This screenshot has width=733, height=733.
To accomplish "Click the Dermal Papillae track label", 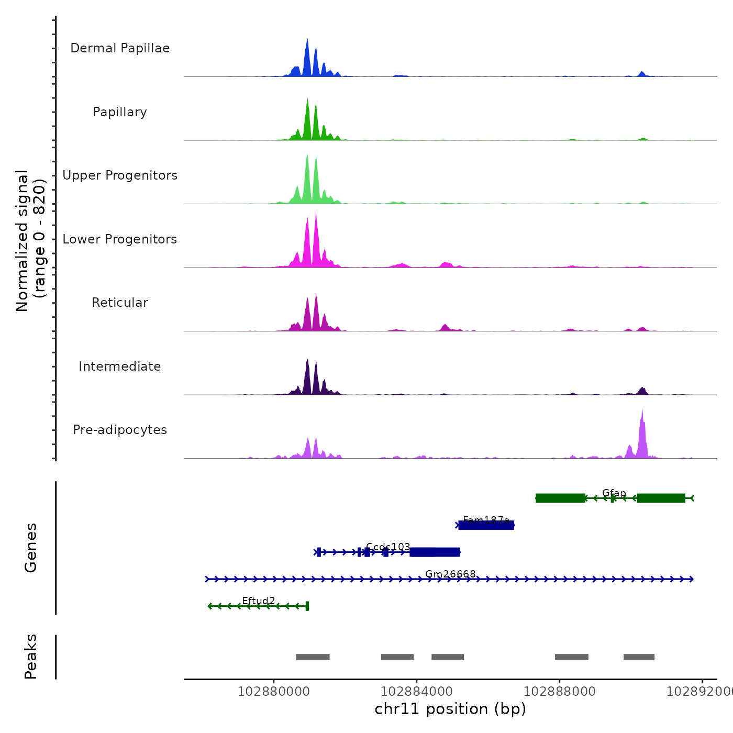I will point(120,48).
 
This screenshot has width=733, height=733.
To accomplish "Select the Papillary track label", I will point(120,112).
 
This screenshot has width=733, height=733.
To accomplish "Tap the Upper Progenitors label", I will point(120,175).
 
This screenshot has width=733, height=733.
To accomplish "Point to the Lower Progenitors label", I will point(120,239).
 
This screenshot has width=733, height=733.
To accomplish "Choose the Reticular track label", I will point(120,303).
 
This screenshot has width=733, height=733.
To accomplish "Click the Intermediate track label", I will point(120,366).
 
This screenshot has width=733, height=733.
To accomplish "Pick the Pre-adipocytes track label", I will point(120,430).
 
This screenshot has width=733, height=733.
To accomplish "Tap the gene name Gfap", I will point(614,493).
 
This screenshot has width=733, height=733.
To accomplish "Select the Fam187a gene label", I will point(486,520).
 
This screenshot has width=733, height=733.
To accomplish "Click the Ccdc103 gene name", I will point(388,547).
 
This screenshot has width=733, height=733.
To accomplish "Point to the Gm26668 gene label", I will point(450,574).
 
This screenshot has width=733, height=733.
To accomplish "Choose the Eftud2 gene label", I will point(258,601).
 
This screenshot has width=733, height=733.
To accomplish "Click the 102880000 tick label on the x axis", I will point(273,692).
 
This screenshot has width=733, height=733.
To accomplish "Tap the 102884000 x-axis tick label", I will point(416,692).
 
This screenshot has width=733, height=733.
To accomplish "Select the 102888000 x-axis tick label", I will point(559,692).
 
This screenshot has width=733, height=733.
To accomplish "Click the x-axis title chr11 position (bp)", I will point(450,709).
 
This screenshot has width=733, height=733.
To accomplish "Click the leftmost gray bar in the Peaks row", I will point(313,657).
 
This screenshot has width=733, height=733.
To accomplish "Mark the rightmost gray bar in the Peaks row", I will point(639,657).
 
